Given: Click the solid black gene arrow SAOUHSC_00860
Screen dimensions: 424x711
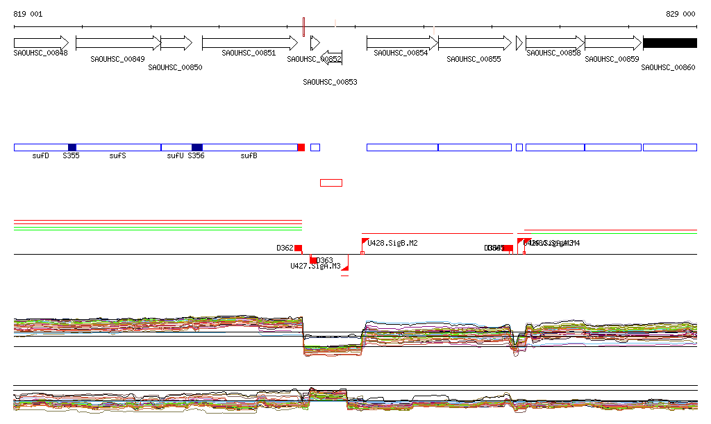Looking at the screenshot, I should (669, 43).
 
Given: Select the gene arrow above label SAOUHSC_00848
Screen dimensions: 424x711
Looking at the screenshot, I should (41, 43).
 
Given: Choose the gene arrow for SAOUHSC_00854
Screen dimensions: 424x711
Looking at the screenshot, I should (402, 43).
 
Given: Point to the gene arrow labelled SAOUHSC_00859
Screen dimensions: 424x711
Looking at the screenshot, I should (612, 43).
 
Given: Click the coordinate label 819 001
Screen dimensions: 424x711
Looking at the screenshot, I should (28, 14).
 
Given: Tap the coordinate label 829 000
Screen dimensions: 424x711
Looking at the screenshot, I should (680, 14).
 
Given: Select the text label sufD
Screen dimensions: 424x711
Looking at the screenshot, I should (41, 156).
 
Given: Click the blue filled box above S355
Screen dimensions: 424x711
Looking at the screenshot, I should (72, 147).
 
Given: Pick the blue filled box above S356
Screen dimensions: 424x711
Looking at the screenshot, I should (197, 147).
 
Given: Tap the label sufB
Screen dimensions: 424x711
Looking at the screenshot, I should (249, 156).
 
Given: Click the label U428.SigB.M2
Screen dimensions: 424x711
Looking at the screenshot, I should (393, 244).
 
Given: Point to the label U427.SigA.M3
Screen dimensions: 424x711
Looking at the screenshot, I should (315, 266).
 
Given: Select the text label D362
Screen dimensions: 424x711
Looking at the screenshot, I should (285, 248).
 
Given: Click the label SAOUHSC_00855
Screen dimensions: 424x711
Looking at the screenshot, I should (474, 59).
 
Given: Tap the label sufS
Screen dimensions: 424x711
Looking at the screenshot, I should (118, 156).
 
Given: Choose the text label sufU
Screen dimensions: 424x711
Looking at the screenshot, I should (175, 156).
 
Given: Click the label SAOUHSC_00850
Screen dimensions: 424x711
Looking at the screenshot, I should (175, 67).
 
